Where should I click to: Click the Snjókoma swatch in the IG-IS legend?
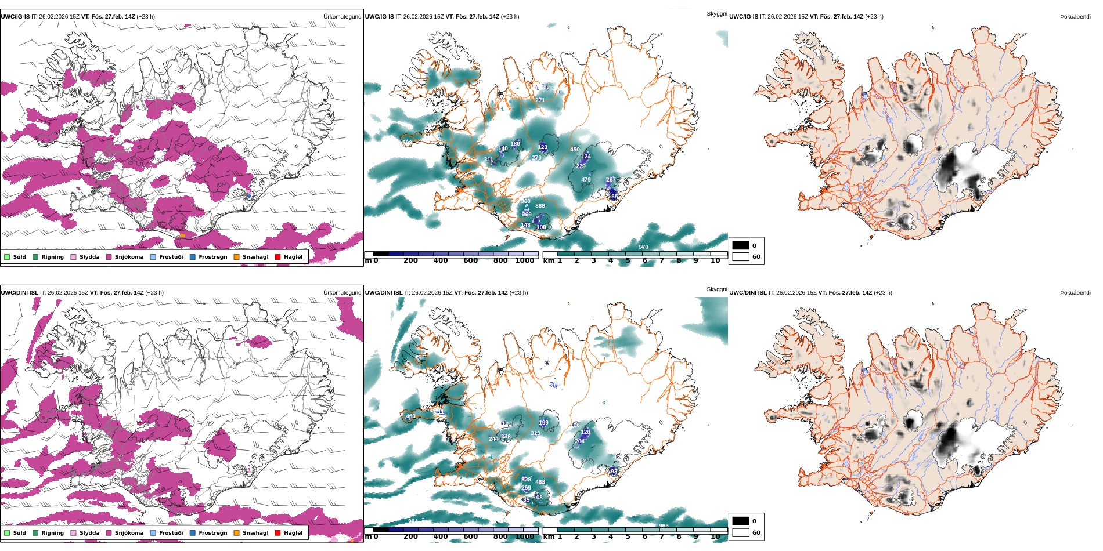pos(109,257)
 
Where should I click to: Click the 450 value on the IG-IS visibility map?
pos(575,150)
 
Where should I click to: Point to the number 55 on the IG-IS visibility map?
pos(614,197)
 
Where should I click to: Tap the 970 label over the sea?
pos(643,247)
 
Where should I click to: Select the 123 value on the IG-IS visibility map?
pos(542,147)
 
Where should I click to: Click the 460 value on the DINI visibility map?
pos(410,416)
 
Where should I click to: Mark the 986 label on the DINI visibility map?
pos(664,526)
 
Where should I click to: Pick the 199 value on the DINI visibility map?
pos(543,423)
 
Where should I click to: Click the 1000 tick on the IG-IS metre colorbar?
pos(525,260)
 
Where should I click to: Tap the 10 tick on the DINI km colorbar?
pos(715,536)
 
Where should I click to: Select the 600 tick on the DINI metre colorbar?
pos(471,536)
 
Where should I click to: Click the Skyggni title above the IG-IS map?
pos(716,13)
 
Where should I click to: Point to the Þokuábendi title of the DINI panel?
pos(1075,293)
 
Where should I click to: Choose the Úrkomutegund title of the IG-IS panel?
pos(342,17)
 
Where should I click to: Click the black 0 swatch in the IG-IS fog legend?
pos(741,245)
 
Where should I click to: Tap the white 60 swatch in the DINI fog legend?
pos(741,532)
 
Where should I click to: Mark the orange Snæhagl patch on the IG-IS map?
pos(182,235)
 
